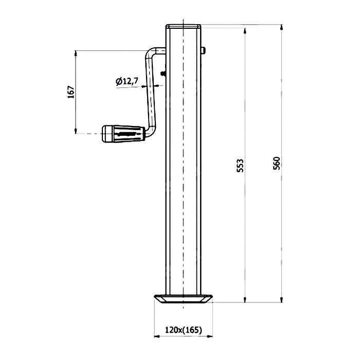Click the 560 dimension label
point(277,163)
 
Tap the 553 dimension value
point(240,165)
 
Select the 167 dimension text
point(71,92)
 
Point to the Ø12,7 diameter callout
point(127,81)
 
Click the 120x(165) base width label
point(184,330)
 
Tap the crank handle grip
point(123,134)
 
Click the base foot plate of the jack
point(184,299)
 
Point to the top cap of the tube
point(184,26)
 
